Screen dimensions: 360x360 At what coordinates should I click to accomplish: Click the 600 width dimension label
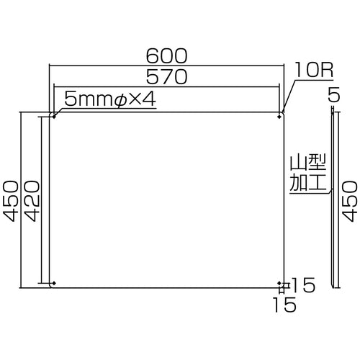pos(166,56)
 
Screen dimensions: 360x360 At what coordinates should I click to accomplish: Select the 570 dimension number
pos(166,76)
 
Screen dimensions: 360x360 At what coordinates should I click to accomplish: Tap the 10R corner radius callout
pos(314,70)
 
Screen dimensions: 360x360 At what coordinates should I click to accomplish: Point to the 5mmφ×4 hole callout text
pos(110,99)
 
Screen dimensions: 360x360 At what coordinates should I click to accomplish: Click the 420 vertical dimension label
pos(32,201)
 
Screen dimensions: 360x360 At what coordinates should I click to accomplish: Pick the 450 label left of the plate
pos(11,201)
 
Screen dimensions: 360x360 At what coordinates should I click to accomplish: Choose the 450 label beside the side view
pos(350,201)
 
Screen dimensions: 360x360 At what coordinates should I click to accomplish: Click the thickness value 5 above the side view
pos(334,94)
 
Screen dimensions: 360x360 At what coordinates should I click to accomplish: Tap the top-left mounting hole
pos(54,117)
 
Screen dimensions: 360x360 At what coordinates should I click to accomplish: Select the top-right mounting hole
pos(279,117)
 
